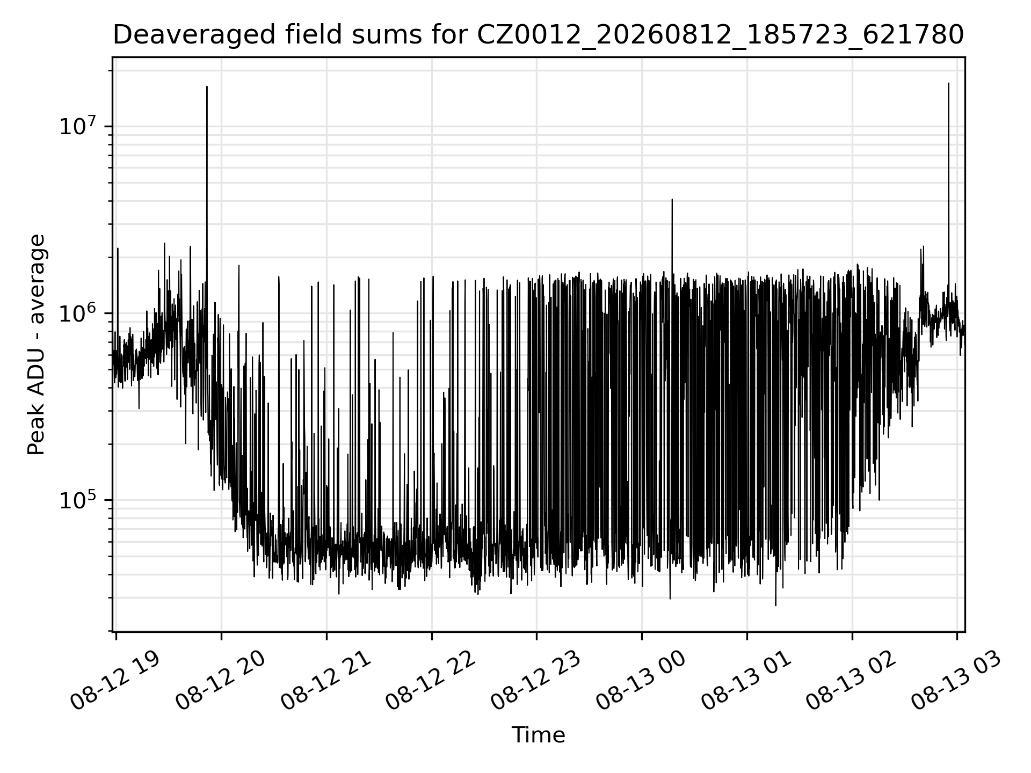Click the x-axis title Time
[x=538, y=735]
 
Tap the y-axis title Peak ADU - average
[x=37, y=344]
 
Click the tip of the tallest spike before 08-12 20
[x=207, y=86]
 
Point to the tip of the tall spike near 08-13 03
[x=948, y=83]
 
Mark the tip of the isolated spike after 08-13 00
[x=672, y=199]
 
